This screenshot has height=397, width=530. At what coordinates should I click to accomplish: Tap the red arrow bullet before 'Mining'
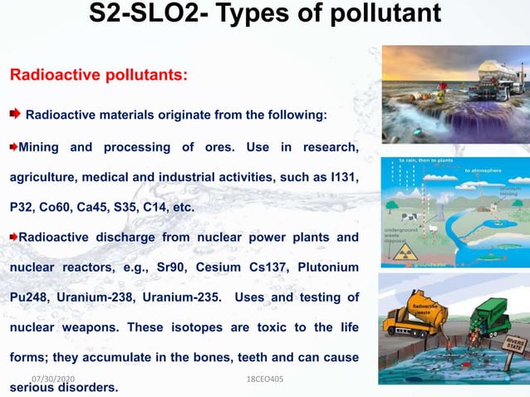click(13, 148)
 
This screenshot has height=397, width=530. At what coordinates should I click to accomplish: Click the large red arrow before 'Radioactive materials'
click(16, 113)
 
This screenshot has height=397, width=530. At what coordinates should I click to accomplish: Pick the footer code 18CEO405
click(265, 378)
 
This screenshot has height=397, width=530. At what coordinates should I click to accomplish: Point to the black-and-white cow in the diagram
click(433, 219)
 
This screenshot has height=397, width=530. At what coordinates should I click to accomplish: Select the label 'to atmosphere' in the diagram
click(485, 169)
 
